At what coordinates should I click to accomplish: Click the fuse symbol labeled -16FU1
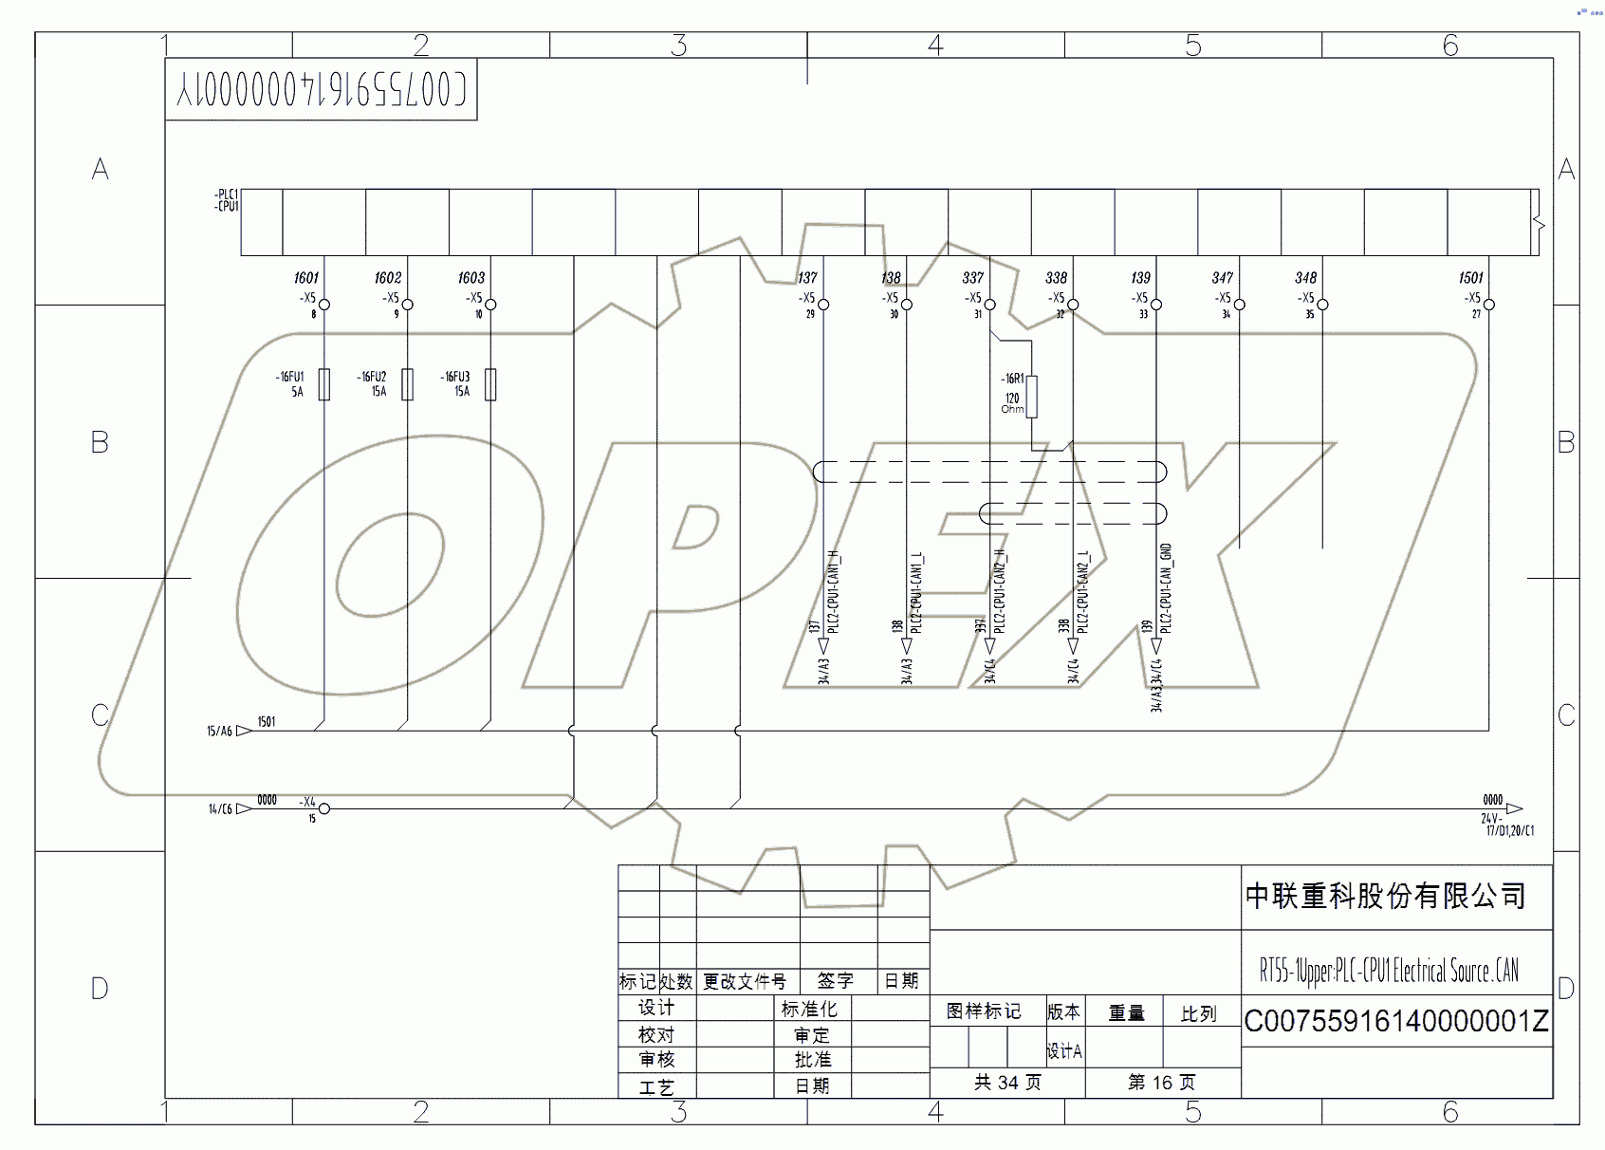tap(324, 384)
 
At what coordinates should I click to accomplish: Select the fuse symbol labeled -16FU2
tap(408, 384)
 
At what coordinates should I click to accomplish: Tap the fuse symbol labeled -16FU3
tap(490, 384)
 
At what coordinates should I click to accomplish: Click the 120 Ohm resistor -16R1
tap(1031, 397)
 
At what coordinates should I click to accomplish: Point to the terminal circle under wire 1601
tap(324, 305)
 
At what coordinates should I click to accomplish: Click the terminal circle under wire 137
tap(823, 305)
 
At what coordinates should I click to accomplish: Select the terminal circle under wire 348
tap(1322, 305)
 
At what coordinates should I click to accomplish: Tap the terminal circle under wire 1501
tap(1488, 305)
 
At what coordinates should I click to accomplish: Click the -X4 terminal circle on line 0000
tap(324, 808)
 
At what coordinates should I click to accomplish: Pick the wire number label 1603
tap(471, 278)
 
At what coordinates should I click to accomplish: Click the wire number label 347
tap(1223, 278)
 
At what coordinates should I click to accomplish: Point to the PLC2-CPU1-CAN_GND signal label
tap(1167, 588)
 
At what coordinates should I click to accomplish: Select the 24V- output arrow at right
tap(1514, 808)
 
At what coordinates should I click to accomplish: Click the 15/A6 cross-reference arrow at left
tap(244, 731)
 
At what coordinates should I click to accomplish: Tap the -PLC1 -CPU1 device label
tap(227, 200)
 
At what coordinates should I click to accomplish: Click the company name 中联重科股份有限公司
tap(1385, 896)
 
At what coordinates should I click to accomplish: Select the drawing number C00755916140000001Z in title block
tap(1395, 1021)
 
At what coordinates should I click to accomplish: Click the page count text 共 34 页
tap(1007, 1083)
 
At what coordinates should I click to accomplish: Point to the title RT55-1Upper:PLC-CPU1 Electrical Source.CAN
tap(1389, 971)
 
